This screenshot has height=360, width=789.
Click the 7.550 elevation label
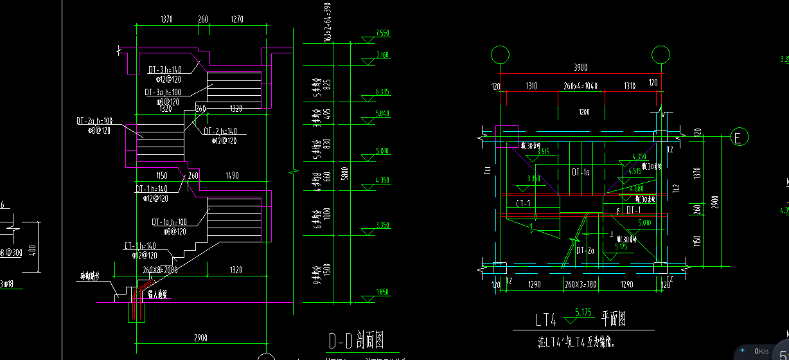pyautogui.click(x=383, y=33)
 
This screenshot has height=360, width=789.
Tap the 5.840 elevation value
pyautogui.click(x=383, y=113)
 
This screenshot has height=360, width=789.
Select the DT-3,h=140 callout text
pyautogui.click(x=165, y=69)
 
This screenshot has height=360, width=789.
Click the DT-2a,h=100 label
pyautogui.click(x=94, y=120)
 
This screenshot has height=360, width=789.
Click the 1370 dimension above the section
pyautogui.click(x=166, y=20)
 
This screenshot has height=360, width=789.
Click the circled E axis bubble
pyautogui.click(x=740, y=136)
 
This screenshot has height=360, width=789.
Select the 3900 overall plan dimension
pyautogui.click(x=580, y=67)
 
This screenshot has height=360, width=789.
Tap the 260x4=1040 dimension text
pyautogui.click(x=580, y=85)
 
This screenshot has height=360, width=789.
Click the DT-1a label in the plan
pyautogui.click(x=580, y=172)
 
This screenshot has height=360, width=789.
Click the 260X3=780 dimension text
pyautogui.click(x=580, y=283)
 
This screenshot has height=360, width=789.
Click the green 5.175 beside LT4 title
pyautogui.click(x=583, y=312)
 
